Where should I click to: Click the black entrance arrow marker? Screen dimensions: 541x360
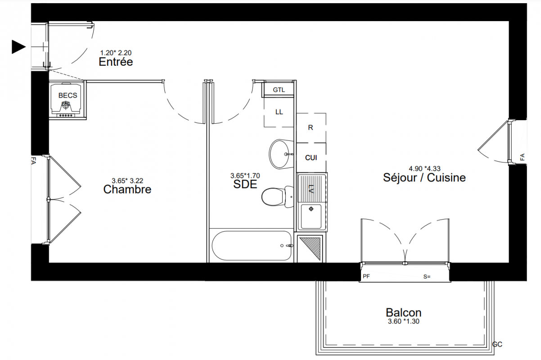(x=18, y=47)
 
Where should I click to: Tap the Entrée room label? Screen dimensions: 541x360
(x=116, y=62)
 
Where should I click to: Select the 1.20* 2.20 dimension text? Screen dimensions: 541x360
(x=116, y=53)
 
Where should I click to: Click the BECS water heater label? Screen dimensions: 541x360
(x=68, y=95)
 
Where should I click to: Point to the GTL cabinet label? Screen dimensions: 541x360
(x=279, y=90)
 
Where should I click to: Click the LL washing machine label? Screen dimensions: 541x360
(x=279, y=112)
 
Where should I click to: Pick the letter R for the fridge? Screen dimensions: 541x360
(x=311, y=127)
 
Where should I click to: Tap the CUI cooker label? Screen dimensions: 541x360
(x=311, y=157)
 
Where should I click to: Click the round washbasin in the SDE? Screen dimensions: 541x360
(x=280, y=154)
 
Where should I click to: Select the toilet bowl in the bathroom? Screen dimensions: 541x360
(x=277, y=197)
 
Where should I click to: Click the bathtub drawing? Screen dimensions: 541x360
(x=252, y=246)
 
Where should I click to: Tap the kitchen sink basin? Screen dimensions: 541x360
(x=311, y=216)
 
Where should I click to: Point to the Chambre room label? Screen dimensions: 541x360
(x=127, y=189)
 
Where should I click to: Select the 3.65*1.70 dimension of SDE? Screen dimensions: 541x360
(x=245, y=175)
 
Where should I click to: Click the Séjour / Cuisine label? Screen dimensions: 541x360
(x=424, y=177)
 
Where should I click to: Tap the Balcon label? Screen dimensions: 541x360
(x=404, y=313)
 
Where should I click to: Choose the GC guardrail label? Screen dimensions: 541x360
(x=497, y=344)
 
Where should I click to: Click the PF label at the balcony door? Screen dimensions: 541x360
(x=366, y=276)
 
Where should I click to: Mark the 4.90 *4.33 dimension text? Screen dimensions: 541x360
(x=424, y=168)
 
